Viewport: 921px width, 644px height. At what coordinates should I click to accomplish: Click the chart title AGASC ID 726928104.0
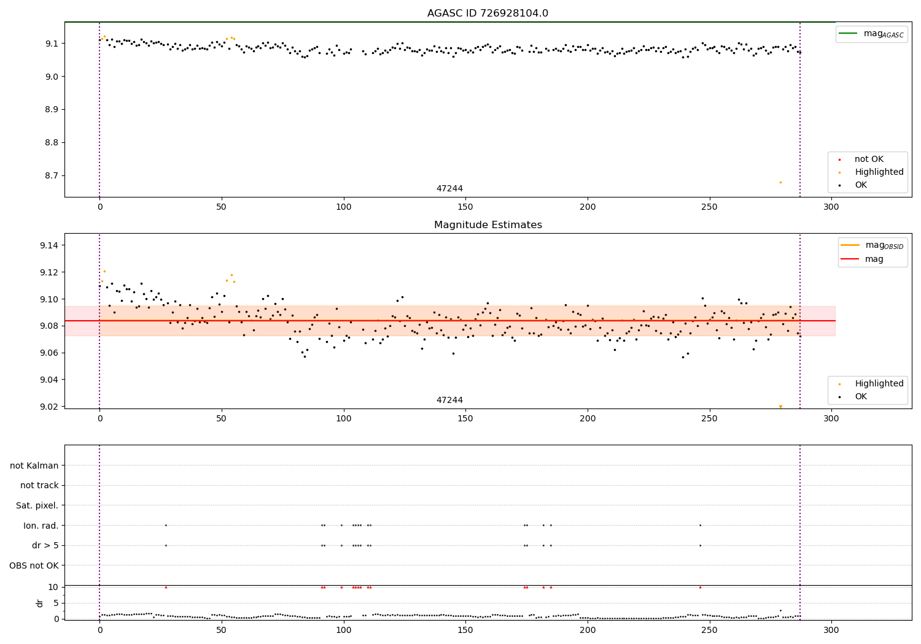(488, 13)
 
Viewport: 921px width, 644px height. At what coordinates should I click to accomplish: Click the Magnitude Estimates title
(488, 225)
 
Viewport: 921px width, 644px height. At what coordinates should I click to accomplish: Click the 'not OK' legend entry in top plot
(868, 159)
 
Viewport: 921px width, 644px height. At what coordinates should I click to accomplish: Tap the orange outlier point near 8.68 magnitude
(780, 182)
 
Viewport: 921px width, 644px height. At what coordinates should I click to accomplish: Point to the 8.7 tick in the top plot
(51, 175)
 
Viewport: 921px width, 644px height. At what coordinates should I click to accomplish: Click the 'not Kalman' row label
(34, 466)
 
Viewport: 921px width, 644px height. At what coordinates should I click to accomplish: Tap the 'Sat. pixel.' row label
(37, 505)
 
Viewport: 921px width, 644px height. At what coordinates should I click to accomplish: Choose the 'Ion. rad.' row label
(41, 526)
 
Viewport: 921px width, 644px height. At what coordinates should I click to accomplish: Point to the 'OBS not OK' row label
(34, 565)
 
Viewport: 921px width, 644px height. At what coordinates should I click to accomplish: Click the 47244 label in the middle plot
(449, 401)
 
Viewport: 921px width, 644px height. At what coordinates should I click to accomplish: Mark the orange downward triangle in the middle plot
(780, 407)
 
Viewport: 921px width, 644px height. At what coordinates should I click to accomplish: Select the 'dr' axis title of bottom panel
(40, 603)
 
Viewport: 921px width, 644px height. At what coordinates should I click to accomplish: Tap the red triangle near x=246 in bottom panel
(700, 587)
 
